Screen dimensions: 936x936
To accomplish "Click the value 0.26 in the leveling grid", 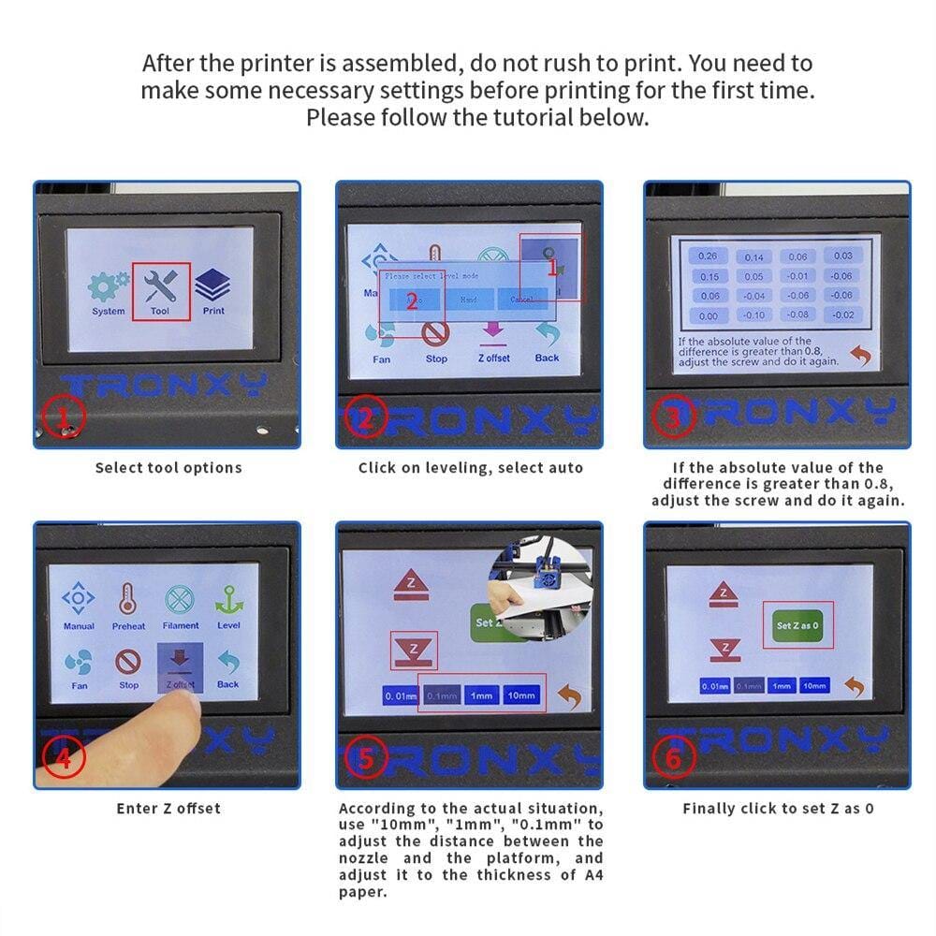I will [709, 256].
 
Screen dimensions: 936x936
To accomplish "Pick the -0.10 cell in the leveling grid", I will [754, 315].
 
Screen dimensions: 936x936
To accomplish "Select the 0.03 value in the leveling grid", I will [842, 256].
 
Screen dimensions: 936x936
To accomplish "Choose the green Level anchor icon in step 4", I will [228, 605].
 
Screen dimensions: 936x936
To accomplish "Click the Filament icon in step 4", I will [180, 605].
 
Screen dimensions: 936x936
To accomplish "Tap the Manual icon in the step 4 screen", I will [79, 605].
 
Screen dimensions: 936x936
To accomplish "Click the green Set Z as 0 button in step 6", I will [797, 624].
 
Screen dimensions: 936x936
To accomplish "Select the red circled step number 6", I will [673, 758].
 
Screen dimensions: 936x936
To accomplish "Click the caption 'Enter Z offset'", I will [168, 808].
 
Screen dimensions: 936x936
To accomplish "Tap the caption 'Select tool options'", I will [168, 467].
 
